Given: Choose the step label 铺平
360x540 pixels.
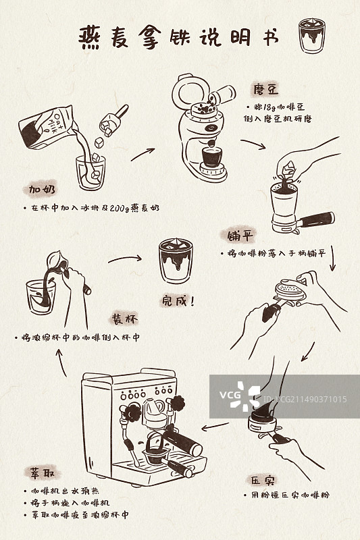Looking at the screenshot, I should pos(240,236).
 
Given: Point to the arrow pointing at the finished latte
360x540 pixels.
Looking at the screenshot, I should pos(126,259).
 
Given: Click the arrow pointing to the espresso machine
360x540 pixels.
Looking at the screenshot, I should pos(215,427).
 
